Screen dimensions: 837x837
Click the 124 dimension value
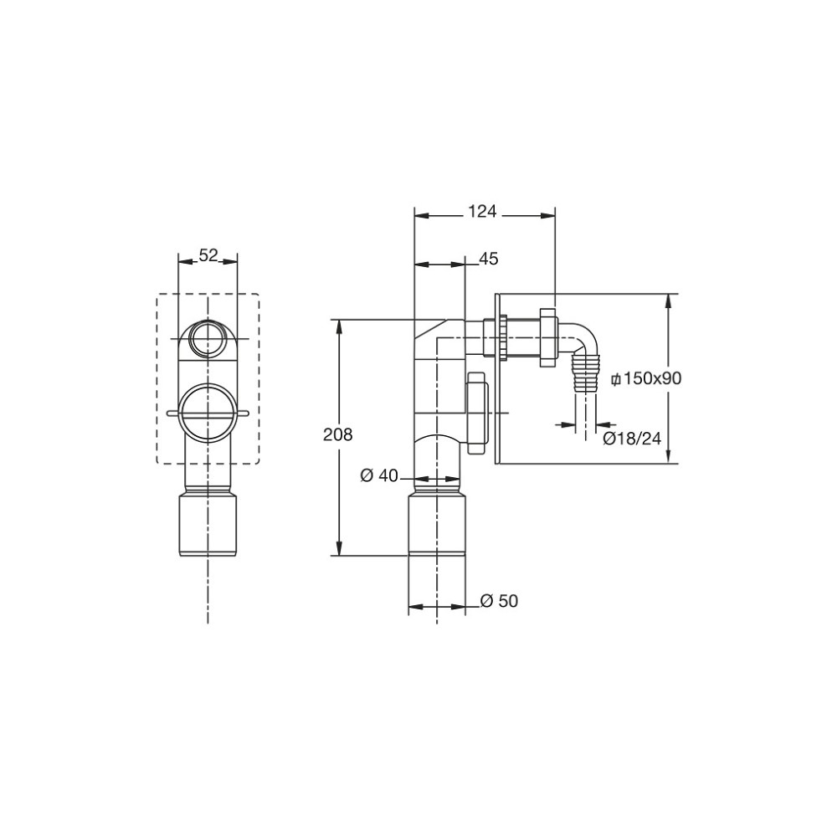tap(483, 212)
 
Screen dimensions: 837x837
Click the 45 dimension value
tap(489, 259)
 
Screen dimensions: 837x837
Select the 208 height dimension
tap(338, 435)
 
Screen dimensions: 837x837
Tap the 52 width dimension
tap(208, 255)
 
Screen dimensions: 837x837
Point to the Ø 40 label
tap(379, 475)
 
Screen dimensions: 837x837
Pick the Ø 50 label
tap(499, 601)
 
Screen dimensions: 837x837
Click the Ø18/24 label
tap(632, 439)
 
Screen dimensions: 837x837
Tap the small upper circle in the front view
tap(208, 338)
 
